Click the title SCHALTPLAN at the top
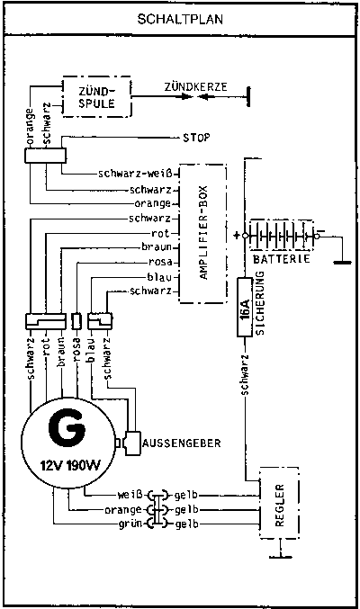[x=180, y=19]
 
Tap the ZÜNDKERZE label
[x=195, y=86]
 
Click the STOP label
[x=196, y=138]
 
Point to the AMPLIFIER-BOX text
[x=204, y=233]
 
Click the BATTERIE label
[x=282, y=259]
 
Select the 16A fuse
[x=245, y=307]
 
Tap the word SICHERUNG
[x=260, y=303]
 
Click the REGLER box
[x=279, y=503]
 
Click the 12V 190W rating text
[x=70, y=465]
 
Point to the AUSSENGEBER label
[x=182, y=443]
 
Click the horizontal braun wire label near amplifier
[x=157, y=247]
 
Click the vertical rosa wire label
[x=77, y=350]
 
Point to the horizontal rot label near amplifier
[x=160, y=233]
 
